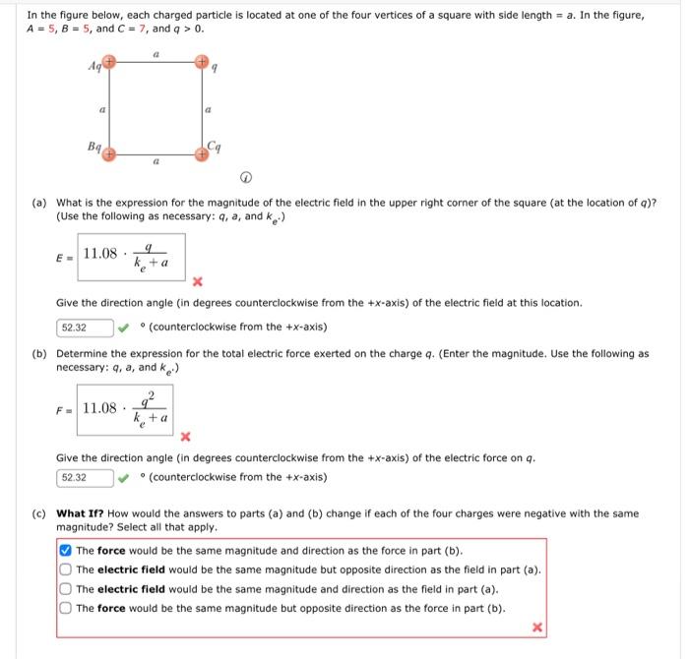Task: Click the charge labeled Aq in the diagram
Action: point(111,61)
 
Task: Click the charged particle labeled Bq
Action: point(111,154)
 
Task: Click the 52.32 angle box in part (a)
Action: point(84,328)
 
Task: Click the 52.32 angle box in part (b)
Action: point(84,478)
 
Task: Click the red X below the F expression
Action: point(184,436)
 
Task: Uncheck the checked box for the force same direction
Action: point(66,551)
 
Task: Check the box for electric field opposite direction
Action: point(66,569)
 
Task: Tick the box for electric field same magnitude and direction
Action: point(66,588)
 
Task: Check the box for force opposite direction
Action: point(66,608)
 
